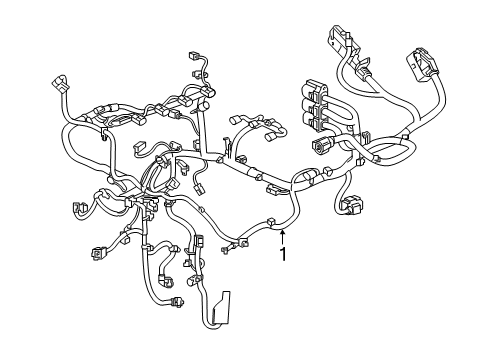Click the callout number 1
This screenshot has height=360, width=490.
[283, 255]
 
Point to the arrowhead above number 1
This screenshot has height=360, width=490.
[283, 232]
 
